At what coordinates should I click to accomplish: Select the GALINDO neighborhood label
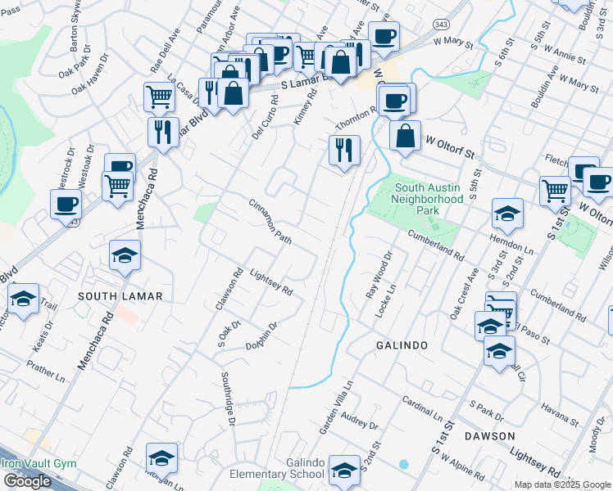pos(402,345)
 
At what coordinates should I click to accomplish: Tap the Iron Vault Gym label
pos(39,463)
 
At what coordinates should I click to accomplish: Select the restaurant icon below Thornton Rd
pos(344,149)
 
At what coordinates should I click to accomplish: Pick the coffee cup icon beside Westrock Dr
pos(66,204)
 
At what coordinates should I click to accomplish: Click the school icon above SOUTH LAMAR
pos(125,255)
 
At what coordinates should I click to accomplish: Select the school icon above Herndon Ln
pos(507,214)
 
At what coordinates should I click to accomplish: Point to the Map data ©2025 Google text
pos(561,484)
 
